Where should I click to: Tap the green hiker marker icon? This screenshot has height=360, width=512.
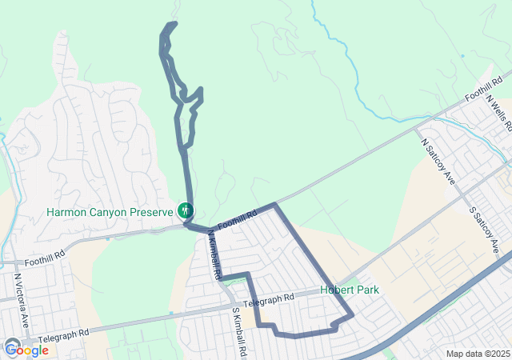click(186, 211)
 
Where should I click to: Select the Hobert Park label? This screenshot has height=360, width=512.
click(350, 290)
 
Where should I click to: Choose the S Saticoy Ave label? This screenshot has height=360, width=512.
click(484, 231)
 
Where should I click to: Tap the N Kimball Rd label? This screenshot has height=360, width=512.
click(214, 254)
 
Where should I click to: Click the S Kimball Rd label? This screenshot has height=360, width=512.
click(238, 332)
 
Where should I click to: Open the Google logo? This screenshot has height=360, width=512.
click(26, 350)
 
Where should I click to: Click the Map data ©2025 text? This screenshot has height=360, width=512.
click(477, 354)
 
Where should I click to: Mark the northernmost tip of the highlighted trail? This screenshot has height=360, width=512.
click(173, 23)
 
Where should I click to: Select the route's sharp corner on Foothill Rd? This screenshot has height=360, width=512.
click(276, 205)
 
